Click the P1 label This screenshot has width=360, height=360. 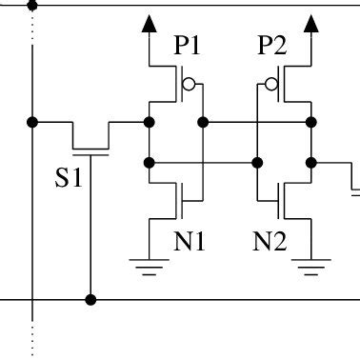point(189,46)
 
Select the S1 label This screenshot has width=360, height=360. point(68,177)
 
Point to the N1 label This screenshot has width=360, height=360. point(189,242)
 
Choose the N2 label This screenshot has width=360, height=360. point(270,242)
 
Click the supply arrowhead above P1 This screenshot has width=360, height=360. point(149,23)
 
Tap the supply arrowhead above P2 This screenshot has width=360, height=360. point(311,23)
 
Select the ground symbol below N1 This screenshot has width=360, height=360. point(149,265)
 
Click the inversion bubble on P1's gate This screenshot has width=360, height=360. point(189,86)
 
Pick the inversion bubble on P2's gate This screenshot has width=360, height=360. point(271,86)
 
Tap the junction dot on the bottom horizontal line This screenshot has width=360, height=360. point(90,300)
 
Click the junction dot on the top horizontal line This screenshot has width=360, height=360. point(33,5)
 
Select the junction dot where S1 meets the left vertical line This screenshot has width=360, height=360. point(33,122)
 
